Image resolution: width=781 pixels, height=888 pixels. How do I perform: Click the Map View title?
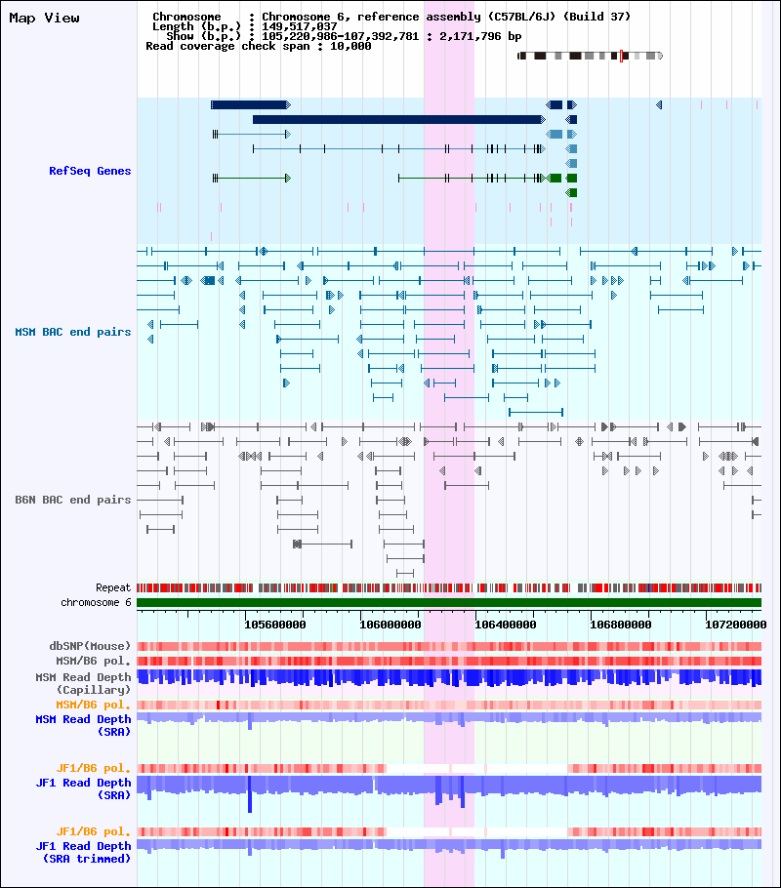pyautogui.click(x=44, y=19)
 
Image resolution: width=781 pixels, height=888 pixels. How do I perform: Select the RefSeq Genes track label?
pyautogui.click(x=90, y=171)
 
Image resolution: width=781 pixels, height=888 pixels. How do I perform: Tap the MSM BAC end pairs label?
pyautogui.click(x=72, y=332)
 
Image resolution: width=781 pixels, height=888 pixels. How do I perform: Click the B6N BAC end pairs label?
pyautogui.click(x=72, y=500)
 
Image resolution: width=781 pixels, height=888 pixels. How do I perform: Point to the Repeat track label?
pyautogui.click(x=113, y=587)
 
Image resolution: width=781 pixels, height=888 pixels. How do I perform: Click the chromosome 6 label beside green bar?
pyautogui.click(x=96, y=603)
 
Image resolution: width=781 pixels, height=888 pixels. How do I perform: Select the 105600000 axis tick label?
pyautogui.click(x=275, y=625)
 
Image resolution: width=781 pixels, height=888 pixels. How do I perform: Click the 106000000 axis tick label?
pyautogui.click(x=390, y=625)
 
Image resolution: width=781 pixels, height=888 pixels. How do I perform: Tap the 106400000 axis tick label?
pyautogui.click(x=505, y=625)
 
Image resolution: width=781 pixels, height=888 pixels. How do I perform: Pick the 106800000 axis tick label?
pyautogui.click(x=621, y=625)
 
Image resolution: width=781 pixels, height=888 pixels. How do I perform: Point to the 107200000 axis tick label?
pyautogui.click(x=736, y=625)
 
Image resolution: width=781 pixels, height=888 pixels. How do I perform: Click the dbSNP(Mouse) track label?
pyautogui.click(x=90, y=646)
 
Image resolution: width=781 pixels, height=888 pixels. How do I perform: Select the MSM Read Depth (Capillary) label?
pyautogui.click(x=83, y=683)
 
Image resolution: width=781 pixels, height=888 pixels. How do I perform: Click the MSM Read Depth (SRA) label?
pyautogui.click(x=83, y=725)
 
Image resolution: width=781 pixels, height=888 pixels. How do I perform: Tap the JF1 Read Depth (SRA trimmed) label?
pyautogui.click(x=83, y=852)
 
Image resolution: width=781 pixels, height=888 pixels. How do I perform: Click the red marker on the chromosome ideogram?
pyautogui.click(x=621, y=56)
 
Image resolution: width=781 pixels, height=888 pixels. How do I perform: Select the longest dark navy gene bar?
pyautogui.click(x=398, y=119)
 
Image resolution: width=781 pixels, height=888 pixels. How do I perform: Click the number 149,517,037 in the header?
pyautogui.click(x=300, y=26)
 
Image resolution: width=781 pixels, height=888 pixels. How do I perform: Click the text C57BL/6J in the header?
pyautogui.click(x=519, y=17)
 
